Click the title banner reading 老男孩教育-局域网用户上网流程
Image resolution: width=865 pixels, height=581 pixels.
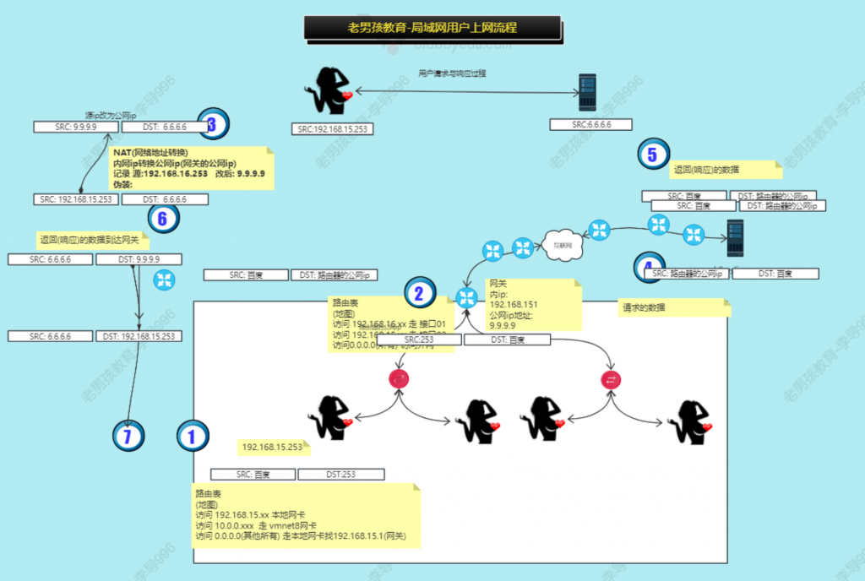point(432,27)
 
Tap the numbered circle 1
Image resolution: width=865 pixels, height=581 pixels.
point(192,437)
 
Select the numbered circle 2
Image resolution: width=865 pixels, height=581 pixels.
point(418,293)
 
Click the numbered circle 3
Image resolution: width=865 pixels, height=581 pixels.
point(212,125)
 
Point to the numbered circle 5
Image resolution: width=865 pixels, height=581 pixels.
point(652,155)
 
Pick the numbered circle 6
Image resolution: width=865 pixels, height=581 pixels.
point(163,218)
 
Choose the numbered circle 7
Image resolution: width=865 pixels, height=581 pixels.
point(128,437)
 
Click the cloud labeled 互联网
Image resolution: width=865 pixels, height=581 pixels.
point(562,245)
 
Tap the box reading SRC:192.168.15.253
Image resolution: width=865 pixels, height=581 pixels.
point(332,129)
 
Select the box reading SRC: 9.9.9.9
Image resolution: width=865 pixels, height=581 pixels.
point(75,127)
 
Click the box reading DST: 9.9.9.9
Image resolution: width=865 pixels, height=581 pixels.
point(135,259)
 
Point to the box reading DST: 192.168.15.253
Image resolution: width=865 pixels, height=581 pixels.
point(139,336)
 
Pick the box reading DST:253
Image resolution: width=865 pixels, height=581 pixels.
point(340,475)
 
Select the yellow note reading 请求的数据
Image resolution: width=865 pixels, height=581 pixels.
point(672,308)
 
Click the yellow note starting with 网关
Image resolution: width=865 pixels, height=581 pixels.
point(532,305)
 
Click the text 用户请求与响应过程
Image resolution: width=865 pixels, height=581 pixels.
point(452,73)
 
